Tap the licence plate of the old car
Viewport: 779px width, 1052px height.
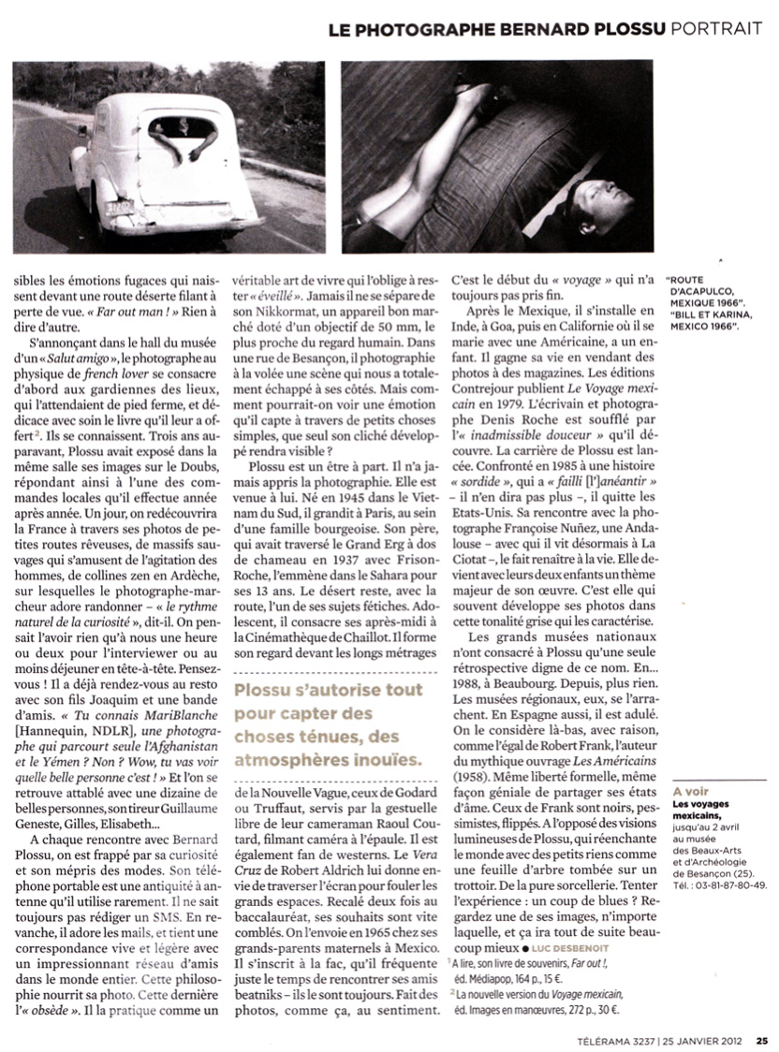pos(119,208)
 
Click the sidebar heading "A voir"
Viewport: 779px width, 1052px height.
pos(687,792)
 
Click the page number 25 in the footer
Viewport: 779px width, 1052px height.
pos(762,1037)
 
